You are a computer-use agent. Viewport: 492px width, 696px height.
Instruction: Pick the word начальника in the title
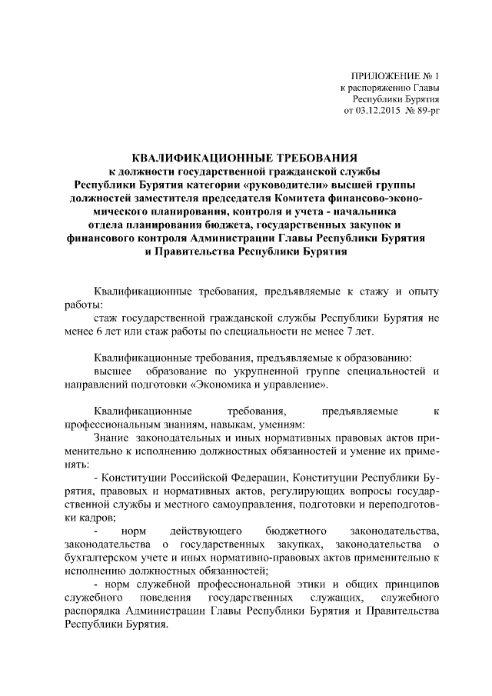pyautogui.click(x=384, y=211)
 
